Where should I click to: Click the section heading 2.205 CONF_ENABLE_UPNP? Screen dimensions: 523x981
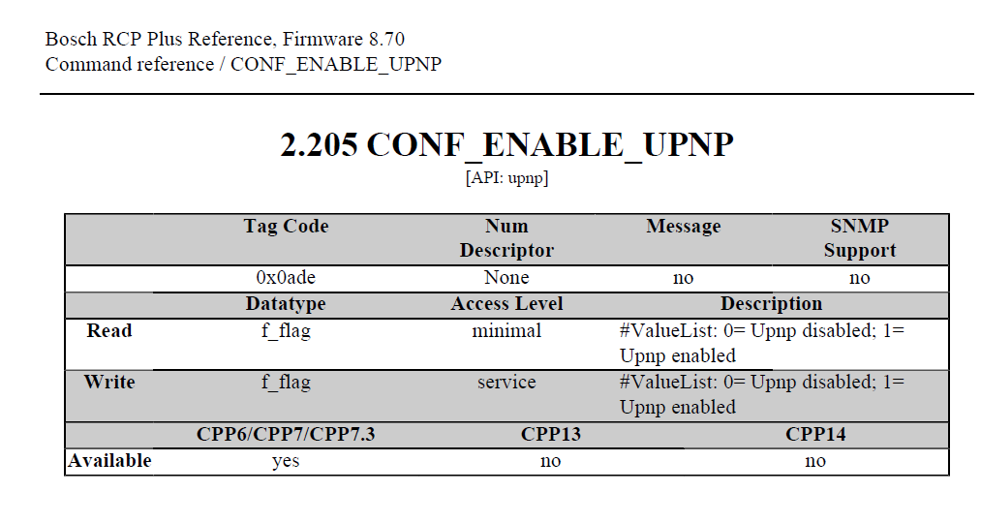coord(506,145)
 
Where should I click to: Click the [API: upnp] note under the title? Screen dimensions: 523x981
coord(506,178)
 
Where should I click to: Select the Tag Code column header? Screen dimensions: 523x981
coord(286,227)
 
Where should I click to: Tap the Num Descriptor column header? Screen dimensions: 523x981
coord(506,238)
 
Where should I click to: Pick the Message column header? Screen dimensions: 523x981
coord(683,227)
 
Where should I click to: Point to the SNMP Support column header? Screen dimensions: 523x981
coord(859,238)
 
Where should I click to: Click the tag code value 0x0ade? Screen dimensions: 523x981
coord(286,278)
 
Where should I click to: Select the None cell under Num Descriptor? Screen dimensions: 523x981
coord(506,278)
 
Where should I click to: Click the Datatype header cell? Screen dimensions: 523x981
coord(286,304)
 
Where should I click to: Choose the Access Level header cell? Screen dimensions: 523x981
coord(506,304)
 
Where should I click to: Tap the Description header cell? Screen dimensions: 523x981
coord(771,304)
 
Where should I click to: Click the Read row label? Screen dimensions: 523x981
coord(109,331)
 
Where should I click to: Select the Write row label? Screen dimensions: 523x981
coord(109,382)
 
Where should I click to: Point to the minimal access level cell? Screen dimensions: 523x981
coord(506,331)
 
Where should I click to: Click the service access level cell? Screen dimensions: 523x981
coord(506,382)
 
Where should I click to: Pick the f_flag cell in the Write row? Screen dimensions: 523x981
coord(286,382)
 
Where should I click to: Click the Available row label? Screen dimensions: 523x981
coord(109,461)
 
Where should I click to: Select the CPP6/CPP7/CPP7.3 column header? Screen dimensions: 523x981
coord(286,435)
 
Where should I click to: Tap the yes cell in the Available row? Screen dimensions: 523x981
coord(286,461)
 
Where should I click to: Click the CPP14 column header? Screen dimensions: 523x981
coord(815,435)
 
